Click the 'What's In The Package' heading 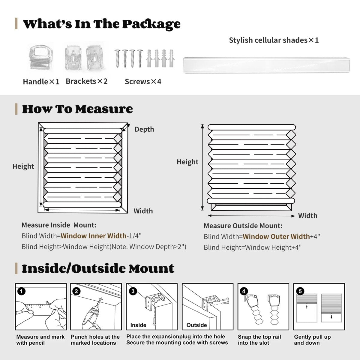[102, 24]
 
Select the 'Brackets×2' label [86, 81]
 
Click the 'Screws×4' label [143, 82]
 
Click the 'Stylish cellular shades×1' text [274, 40]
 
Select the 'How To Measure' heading [77, 109]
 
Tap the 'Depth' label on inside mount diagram [144, 129]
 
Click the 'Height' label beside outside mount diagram [187, 162]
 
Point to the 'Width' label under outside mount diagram [307, 216]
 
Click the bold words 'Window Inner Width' [93, 236]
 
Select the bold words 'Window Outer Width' [276, 236]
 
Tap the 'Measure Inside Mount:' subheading [59, 225]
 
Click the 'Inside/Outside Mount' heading [98, 268]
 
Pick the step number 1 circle [22, 291]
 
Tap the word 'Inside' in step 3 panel [138, 325]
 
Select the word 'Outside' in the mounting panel [196, 325]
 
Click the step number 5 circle [300, 291]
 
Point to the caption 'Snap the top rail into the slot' [259, 340]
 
